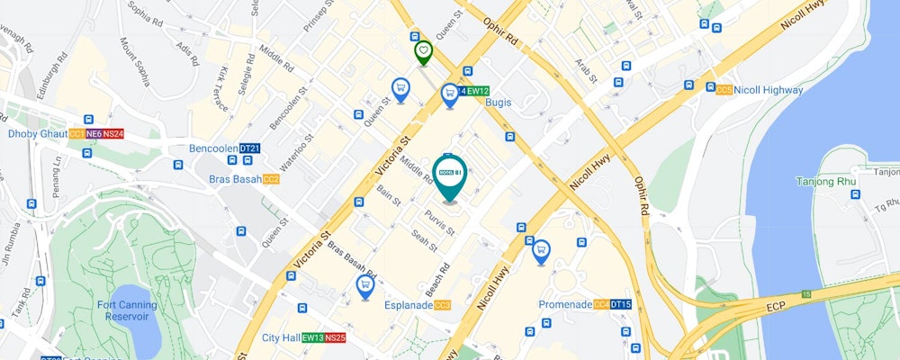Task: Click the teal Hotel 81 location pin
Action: (x=449, y=175)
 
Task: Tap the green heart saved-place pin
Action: (x=423, y=51)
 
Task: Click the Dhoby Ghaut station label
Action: (x=38, y=134)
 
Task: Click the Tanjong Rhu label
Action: (x=823, y=182)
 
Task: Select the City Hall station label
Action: (x=280, y=338)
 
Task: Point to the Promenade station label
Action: (x=565, y=305)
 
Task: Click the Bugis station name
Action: (x=498, y=103)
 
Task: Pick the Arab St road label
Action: (x=587, y=70)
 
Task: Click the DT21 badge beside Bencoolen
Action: (x=249, y=148)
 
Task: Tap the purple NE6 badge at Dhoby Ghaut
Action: (x=94, y=134)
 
